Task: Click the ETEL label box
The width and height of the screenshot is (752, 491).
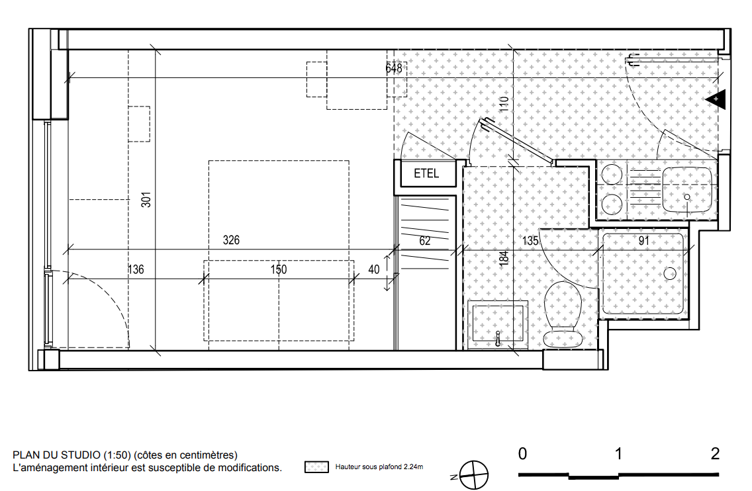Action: pyautogui.click(x=426, y=173)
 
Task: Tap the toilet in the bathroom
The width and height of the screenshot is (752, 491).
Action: pyautogui.click(x=563, y=314)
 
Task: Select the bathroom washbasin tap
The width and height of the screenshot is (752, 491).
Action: pyautogui.click(x=498, y=337)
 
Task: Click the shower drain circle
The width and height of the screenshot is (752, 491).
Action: pyautogui.click(x=669, y=274)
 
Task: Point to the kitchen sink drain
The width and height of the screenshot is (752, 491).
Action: pyautogui.click(x=686, y=197)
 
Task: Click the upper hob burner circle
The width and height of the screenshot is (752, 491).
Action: pyautogui.click(x=612, y=175)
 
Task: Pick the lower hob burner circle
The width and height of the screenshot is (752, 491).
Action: pyautogui.click(x=612, y=204)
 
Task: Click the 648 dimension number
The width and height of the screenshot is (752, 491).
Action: pyautogui.click(x=394, y=68)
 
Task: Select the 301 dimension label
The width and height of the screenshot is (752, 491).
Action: pyautogui.click(x=146, y=199)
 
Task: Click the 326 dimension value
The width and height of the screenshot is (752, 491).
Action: pyautogui.click(x=231, y=240)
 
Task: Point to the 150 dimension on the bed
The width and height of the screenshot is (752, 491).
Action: pyautogui.click(x=279, y=269)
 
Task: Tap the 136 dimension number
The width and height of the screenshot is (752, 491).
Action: pyautogui.click(x=136, y=269)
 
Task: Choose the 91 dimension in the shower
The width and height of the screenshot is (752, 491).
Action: pyautogui.click(x=643, y=241)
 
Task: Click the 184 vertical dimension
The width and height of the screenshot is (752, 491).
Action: pyautogui.click(x=504, y=258)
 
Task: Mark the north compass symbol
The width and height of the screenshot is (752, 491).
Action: pyautogui.click(x=474, y=474)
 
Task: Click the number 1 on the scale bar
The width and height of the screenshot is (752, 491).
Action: pyautogui.click(x=619, y=453)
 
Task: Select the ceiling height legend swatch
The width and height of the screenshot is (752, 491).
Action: pyautogui.click(x=316, y=467)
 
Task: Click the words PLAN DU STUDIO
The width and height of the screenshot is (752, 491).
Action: pyautogui.click(x=56, y=455)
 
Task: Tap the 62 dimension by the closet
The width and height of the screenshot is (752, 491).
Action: pyautogui.click(x=425, y=241)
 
